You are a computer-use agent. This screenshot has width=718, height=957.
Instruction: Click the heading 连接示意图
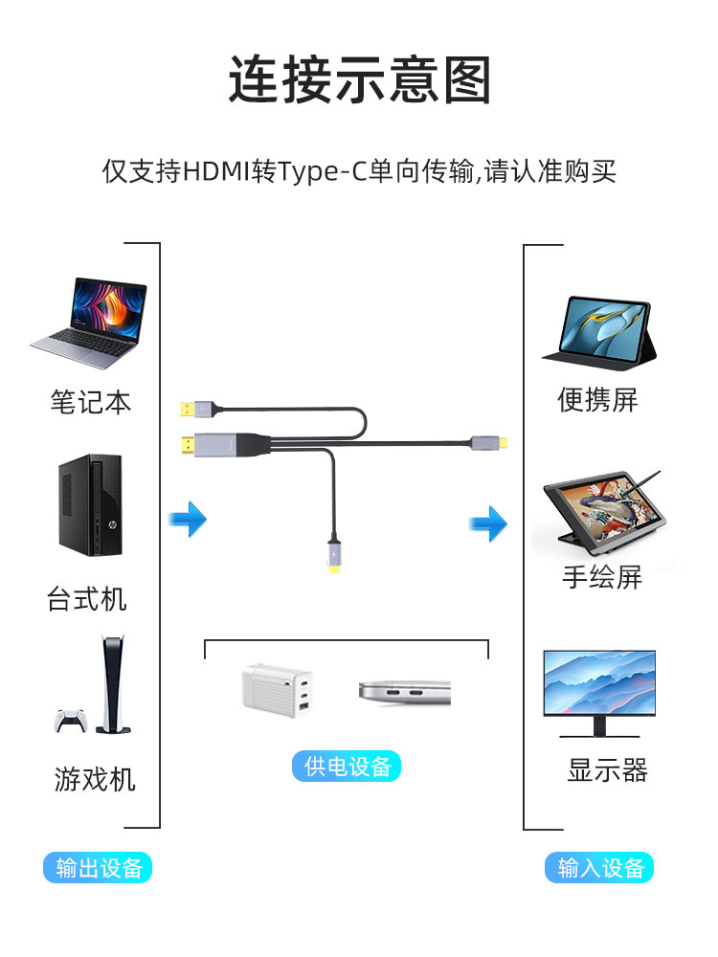click(359, 79)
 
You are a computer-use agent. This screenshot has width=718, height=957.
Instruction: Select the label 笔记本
click(91, 402)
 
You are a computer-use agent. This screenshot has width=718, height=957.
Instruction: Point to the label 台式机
click(87, 599)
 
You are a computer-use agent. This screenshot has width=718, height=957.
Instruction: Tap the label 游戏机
click(95, 779)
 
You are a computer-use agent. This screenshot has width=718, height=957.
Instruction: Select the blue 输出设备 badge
click(98, 867)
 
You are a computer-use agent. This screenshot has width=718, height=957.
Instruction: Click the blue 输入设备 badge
click(599, 867)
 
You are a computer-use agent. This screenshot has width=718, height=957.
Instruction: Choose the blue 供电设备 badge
click(347, 766)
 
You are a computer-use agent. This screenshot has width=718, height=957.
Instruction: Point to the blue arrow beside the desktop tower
click(188, 520)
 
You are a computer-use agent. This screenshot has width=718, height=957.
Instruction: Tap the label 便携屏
click(597, 399)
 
